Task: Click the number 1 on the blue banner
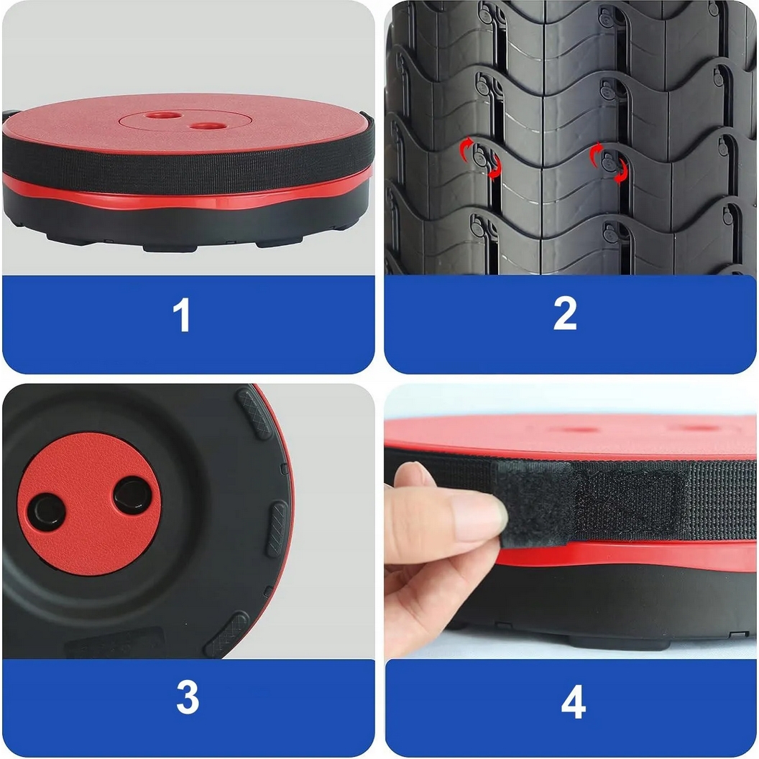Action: (182, 315)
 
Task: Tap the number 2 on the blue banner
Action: (565, 313)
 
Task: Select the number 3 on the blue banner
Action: (188, 697)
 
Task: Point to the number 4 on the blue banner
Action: (573, 701)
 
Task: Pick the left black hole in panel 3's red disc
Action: (46, 512)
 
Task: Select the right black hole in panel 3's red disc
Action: (132, 496)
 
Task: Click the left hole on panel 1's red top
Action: (163, 116)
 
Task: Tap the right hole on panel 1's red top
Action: (208, 126)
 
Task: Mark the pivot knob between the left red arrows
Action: (479, 158)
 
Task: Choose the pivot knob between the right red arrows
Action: (609, 163)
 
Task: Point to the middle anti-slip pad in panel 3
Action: (277, 529)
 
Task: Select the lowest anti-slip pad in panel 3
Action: (226, 635)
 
